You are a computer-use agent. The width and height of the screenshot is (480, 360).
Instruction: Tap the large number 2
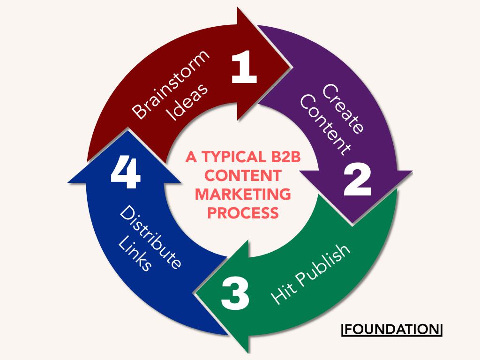[358, 180]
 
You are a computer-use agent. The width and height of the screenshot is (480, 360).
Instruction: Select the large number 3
[235, 294]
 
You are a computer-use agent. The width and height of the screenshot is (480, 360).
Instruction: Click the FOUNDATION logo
[392, 329]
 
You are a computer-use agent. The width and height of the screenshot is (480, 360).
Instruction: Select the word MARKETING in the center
[243, 194]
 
